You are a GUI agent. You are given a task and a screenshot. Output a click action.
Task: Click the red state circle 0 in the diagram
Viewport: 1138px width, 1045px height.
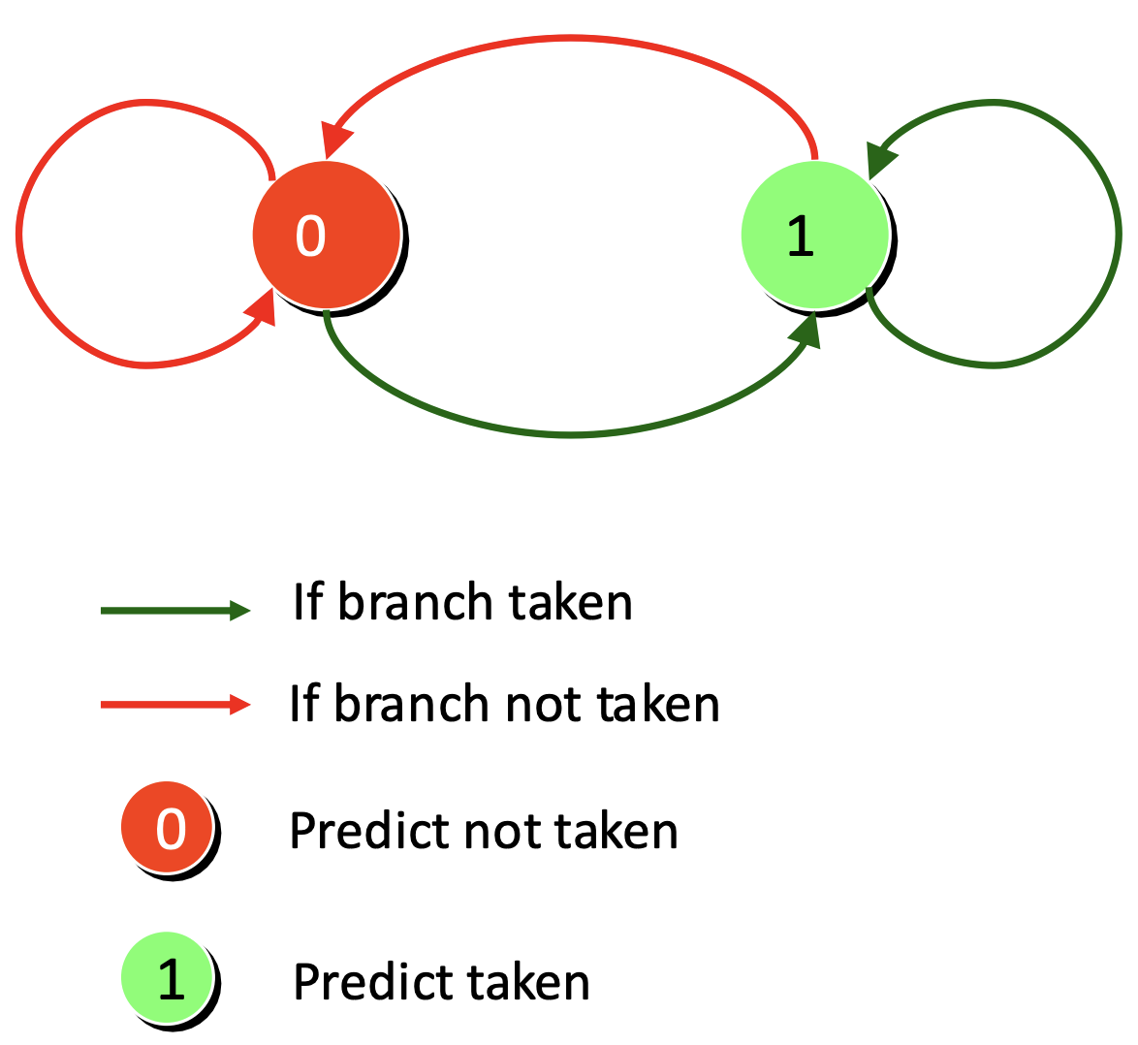327,236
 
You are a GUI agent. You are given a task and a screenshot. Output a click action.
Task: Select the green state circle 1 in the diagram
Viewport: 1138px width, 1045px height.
816,236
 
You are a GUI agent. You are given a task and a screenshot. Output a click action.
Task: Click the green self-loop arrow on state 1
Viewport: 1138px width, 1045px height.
1118,234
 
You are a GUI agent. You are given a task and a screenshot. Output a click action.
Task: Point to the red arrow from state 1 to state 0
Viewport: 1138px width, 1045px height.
570,37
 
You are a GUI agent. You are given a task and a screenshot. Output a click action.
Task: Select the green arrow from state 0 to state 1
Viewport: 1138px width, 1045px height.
570,434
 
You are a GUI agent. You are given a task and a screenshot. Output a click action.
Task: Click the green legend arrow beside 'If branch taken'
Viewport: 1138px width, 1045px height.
174,611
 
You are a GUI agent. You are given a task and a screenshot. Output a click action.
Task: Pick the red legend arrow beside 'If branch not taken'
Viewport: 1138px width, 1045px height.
174,704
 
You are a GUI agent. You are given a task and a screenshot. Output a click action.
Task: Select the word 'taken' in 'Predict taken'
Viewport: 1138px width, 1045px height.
527,982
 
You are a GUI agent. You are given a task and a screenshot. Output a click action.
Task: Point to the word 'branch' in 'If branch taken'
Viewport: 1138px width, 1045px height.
416,602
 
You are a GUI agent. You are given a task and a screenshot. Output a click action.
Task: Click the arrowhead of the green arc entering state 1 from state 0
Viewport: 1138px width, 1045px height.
806,332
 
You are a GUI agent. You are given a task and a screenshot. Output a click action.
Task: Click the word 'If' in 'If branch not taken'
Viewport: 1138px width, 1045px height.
304,703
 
